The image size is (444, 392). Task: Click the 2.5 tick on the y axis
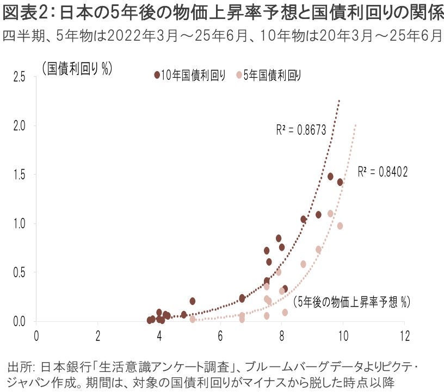[x=20, y=77]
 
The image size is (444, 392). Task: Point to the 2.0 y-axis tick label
[x=20, y=126]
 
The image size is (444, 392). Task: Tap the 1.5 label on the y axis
[x=20, y=175]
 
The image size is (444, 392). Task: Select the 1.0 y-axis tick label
[x=20, y=223]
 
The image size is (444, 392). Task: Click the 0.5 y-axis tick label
[x=20, y=272]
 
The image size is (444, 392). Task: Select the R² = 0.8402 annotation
[x=383, y=172]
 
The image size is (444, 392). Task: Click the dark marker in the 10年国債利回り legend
[x=157, y=76]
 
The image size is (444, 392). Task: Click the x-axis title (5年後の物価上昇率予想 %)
[x=351, y=302]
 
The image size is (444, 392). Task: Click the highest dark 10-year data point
[x=330, y=176]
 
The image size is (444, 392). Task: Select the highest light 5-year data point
[x=330, y=214]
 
